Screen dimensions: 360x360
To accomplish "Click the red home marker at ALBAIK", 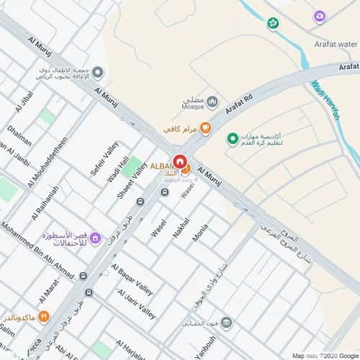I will click(x=179, y=161).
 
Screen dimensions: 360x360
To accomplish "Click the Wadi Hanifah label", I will click(x=325, y=101).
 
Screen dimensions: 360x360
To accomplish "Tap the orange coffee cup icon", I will click(x=205, y=129).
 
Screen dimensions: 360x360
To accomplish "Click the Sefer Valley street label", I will click(x=104, y=159).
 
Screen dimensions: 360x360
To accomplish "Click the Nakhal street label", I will click(x=181, y=228).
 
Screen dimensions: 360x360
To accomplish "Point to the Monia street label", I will click(x=200, y=232).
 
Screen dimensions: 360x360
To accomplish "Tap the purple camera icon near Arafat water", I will click(x=319, y=16).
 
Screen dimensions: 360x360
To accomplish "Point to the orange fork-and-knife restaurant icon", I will click(x=44, y=315).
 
